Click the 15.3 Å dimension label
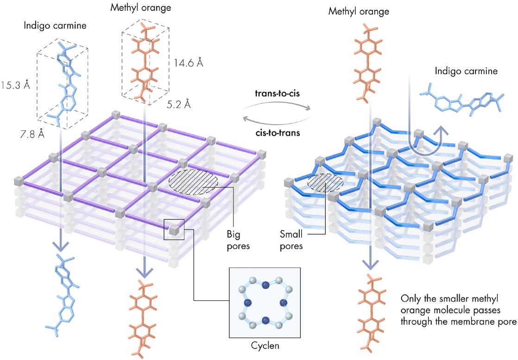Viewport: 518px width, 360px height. point(15,86)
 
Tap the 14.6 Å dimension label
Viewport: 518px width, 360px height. point(188,62)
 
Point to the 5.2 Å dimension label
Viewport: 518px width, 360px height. point(178,105)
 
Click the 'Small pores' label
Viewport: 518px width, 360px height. point(291,240)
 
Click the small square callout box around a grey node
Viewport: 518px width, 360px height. point(174,229)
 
